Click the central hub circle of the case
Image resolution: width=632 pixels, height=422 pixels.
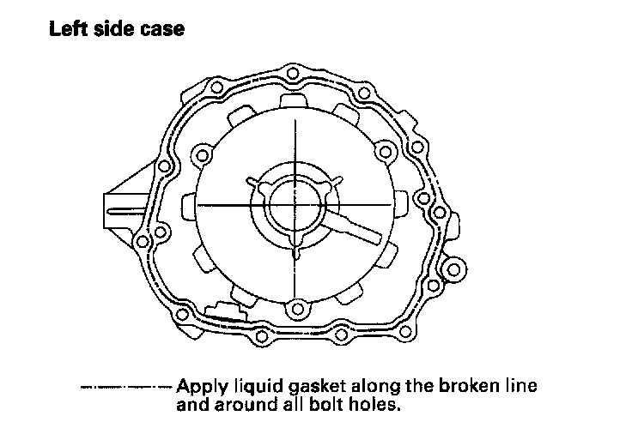(295, 205)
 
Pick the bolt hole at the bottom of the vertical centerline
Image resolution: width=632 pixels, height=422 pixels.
(295, 309)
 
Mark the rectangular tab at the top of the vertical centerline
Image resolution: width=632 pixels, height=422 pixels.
(295, 101)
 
